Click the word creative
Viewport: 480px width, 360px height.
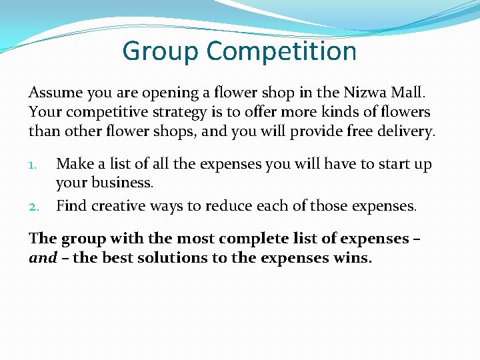[116, 206]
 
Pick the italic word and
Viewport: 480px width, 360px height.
[42, 258]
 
